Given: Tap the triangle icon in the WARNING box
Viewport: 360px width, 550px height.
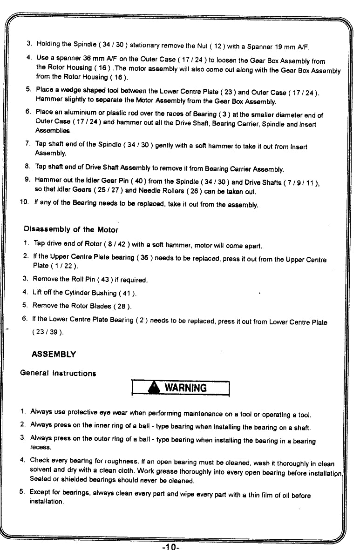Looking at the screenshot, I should coord(152,388).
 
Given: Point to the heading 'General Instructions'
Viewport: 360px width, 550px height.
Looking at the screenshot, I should coord(58,373).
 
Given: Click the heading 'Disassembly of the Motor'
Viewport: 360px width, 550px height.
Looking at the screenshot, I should coord(71,229).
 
